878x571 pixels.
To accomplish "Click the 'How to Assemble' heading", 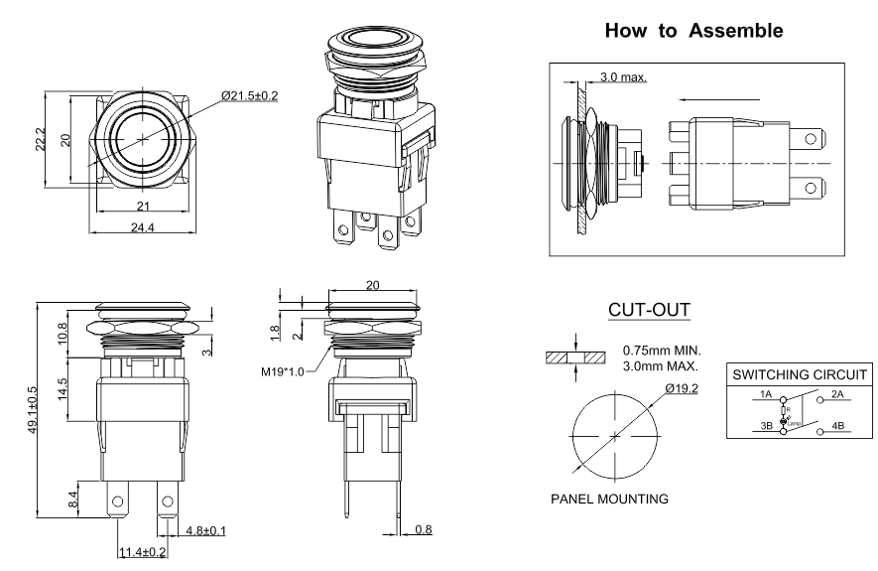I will pos(693,31).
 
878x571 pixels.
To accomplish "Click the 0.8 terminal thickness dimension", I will pos(423,530).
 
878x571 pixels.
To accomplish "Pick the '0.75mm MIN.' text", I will pos(661,350).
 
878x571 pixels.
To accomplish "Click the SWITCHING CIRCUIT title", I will pos(801,375).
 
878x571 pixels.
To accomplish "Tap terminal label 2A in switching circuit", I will pos(837,394).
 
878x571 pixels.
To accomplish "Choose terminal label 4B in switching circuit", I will pos(837,427).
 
